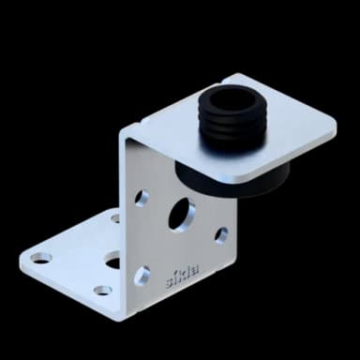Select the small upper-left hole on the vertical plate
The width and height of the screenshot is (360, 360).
point(142,198)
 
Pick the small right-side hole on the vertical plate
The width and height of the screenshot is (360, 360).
point(221,235)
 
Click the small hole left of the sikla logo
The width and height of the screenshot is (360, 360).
point(142,275)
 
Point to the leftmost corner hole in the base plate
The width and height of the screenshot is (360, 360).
point(40,257)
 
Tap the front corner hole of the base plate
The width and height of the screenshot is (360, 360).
point(102,291)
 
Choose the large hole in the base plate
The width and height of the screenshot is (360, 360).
point(112,260)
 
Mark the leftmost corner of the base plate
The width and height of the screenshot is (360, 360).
point(22,254)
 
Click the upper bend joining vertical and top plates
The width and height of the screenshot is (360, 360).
point(141,132)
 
